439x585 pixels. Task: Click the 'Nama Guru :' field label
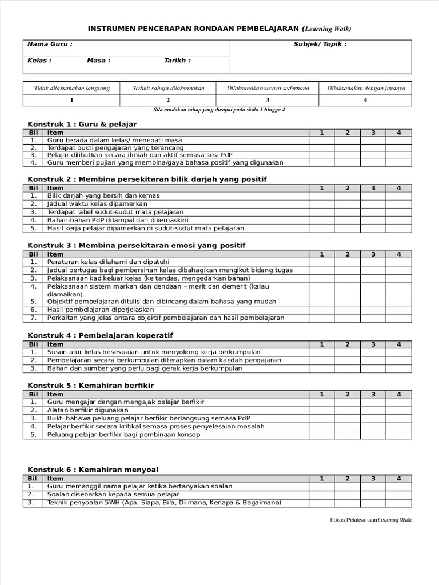[50, 45]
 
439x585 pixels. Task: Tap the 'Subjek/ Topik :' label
[320, 45]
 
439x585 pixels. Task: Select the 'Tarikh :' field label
[177, 61]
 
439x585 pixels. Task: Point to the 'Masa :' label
[98, 61]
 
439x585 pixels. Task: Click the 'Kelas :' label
[39, 61]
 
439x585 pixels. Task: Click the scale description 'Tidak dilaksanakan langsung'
[71, 88]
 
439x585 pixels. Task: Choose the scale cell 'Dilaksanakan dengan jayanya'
[366, 88]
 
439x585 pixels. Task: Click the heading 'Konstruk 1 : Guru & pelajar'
[82, 124]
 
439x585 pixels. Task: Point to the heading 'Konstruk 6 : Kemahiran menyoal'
[93, 470]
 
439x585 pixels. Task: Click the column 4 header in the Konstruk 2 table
[398, 188]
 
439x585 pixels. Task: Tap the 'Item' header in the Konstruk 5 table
[55, 394]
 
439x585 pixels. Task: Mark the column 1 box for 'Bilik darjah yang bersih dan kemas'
[322, 196]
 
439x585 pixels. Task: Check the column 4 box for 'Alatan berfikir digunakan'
[398, 410]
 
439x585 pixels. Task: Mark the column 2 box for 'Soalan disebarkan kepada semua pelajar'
[347, 495]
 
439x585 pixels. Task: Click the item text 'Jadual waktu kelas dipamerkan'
[97, 204]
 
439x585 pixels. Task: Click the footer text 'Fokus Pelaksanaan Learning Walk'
[370, 520]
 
